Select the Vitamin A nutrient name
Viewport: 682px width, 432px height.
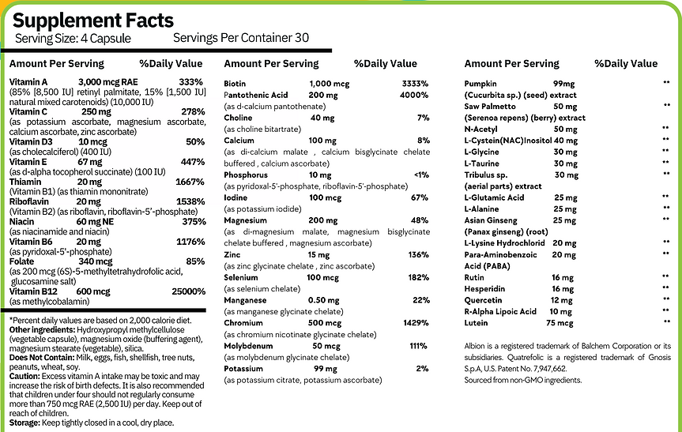[x=28, y=82]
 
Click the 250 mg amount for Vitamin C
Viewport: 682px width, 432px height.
[x=95, y=112]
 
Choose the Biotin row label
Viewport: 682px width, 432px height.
[x=235, y=83]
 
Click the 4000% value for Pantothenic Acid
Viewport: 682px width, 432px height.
[x=413, y=95]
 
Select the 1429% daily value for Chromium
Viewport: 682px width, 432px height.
[x=414, y=323]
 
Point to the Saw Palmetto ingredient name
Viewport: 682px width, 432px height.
[x=490, y=106]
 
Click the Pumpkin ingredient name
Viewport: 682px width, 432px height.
[x=481, y=83]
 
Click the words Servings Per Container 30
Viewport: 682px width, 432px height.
[x=240, y=38]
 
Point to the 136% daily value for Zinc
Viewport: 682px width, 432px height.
[x=418, y=254]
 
